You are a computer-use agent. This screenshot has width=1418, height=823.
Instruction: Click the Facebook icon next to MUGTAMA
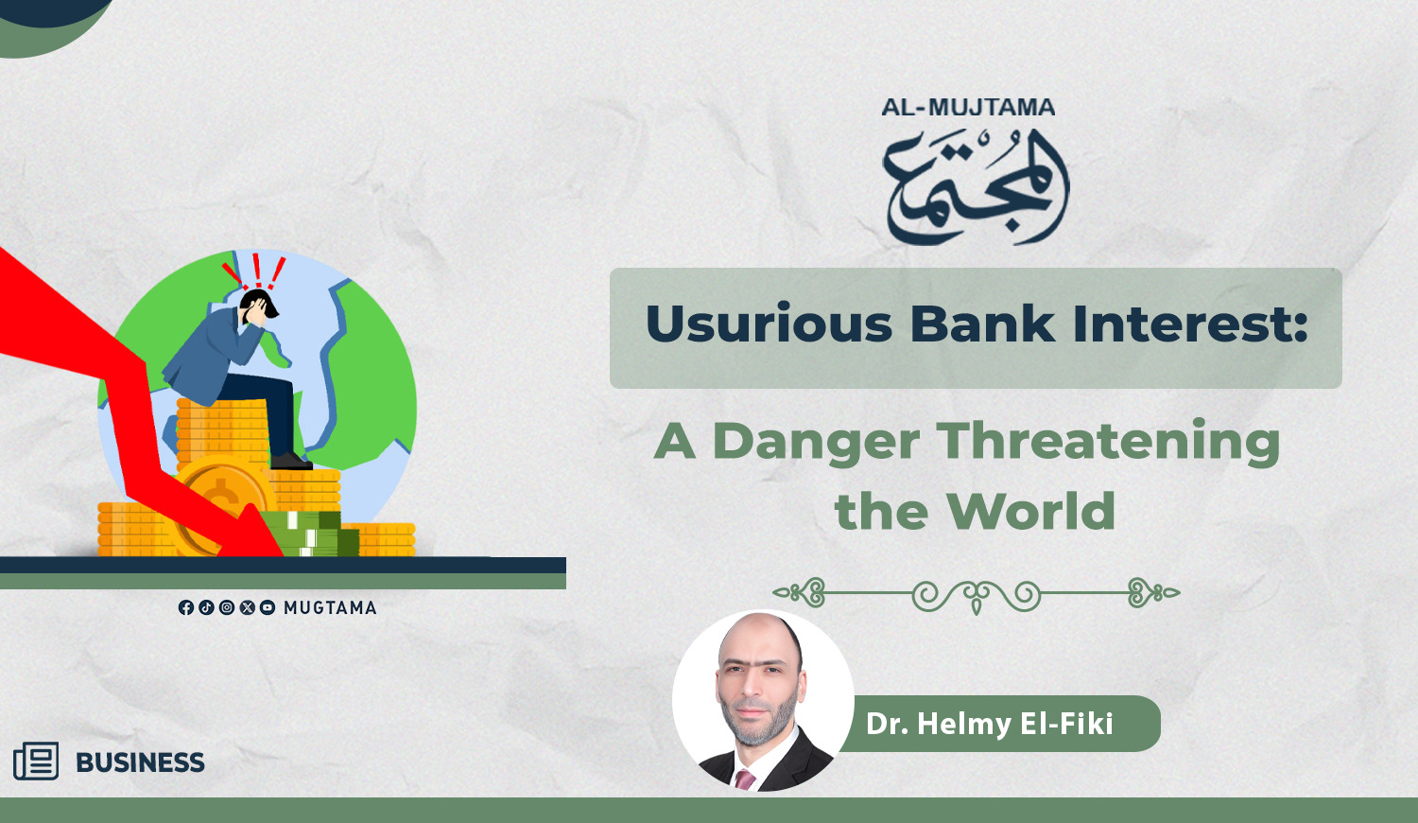tap(185, 607)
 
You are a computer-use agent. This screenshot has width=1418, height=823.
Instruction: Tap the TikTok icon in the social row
tap(206, 607)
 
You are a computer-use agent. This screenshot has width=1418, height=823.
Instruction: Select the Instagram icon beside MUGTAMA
tap(227, 607)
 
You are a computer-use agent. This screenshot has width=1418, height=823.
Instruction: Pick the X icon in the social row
tap(247, 607)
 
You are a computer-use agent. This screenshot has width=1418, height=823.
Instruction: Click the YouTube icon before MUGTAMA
tap(268, 607)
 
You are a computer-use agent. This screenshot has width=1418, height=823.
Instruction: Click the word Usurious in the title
tap(769, 324)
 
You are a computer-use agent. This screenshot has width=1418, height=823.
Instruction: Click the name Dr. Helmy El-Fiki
tap(989, 724)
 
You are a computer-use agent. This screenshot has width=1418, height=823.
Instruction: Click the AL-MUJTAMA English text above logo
tap(968, 107)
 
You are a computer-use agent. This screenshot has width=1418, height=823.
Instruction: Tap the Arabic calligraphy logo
tap(977, 186)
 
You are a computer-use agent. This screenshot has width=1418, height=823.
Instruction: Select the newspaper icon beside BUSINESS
tap(36, 761)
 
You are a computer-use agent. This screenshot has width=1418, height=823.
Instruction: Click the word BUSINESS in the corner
tap(140, 762)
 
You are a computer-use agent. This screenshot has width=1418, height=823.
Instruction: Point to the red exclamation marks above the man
tap(255, 271)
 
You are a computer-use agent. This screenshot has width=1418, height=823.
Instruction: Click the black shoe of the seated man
tap(291, 461)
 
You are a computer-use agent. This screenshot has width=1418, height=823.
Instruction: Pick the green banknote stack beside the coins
tap(310, 534)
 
